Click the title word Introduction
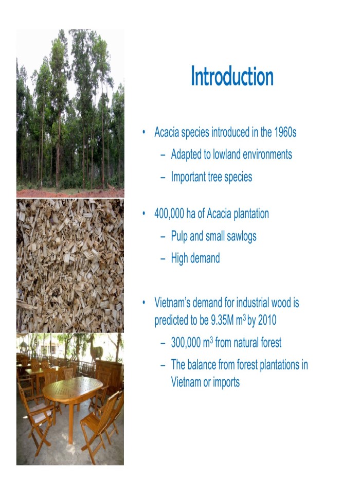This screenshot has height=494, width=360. coord(232,77)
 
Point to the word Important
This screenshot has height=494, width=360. coord(190,177)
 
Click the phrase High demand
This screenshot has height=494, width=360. coord(195,258)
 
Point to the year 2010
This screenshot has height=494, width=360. coord(266,320)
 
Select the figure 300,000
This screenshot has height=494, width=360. coord(188,342)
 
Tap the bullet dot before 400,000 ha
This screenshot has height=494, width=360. coord(145,214)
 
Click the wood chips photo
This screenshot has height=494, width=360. coord(70,265)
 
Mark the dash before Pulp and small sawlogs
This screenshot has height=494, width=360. coord(163,237)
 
